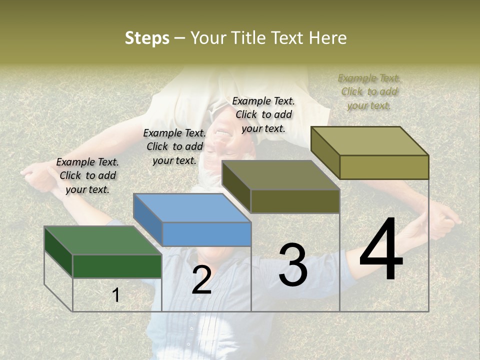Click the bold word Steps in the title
click(x=147, y=38)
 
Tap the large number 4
click(x=381, y=249)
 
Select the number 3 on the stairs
click(x=293, y=265)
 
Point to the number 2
click(x=201, y=280)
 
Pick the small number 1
click(x=116, y=295)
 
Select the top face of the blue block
click(x=192, y=207)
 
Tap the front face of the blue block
click(x=206, y=234)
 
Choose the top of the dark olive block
click(x=280, y=175)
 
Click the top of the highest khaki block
click(x=369, y=140)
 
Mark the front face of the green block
click(x=117, y=266)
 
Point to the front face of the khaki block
click(x=384, y=167)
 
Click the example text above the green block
click(x=87, y=175)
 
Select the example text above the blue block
click(x=174, y=146)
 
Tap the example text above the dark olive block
click(x=263, y=114)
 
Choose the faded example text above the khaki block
click(x=369, y=91)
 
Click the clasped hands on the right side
click(x=442, y=218)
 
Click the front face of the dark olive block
click(x=295, y=201)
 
